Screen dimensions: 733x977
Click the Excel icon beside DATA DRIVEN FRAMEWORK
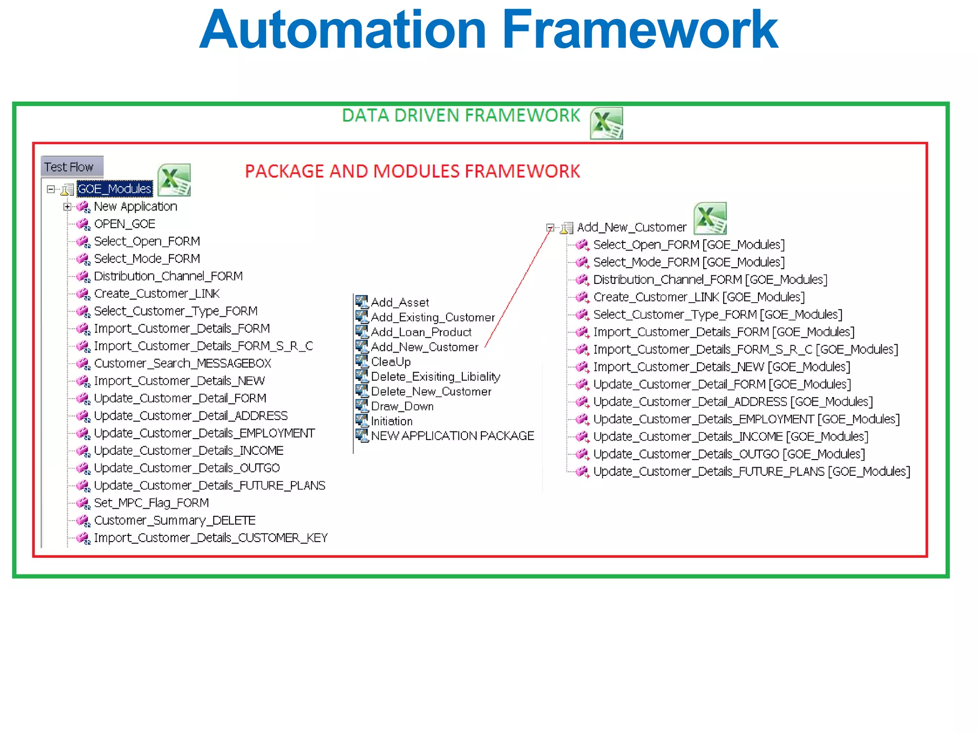tap(606, 123)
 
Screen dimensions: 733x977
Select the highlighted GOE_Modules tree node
tap(114, 189)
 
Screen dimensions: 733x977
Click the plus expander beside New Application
tap(67, 207)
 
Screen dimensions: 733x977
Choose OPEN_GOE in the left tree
tap(125, 224)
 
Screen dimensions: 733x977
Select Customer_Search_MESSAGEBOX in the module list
tap(182, 363)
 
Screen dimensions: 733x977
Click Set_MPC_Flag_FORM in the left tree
tap(151, 503)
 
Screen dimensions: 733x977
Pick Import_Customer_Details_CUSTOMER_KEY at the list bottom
tap(210, 538)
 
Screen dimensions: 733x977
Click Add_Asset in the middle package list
tap(400, 303)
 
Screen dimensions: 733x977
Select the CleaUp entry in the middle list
tap(391, 362)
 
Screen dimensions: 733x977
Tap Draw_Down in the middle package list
tap(402, 406)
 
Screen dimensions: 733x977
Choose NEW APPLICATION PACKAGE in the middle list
tap(452, 436)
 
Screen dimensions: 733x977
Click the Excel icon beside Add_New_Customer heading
tap(710, 218)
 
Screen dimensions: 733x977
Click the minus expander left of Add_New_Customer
tap(550, 228)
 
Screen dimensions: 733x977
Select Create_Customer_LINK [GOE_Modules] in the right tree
tap(698, 297)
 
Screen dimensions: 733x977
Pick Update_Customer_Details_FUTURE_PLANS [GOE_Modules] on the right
tap(751, 471)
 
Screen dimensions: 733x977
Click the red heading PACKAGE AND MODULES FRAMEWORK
tap(412, 171)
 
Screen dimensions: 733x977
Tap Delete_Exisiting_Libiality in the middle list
tap(435, 377)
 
